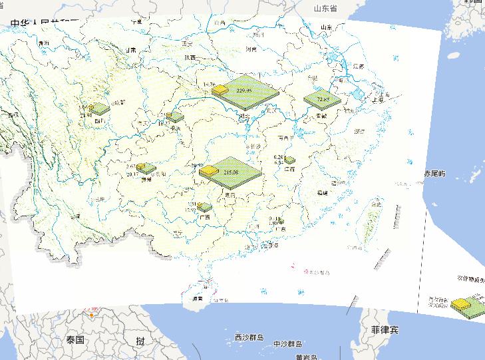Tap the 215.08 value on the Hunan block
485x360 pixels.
tap(232, 172)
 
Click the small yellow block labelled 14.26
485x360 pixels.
tap(210, 85)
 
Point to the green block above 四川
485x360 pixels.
tap(100, 108)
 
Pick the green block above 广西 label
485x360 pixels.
tap(205, 208)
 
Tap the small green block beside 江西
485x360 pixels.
tap(289, 160)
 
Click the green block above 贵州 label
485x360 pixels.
tap(147, 169)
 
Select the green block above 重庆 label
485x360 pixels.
tap(174, 118)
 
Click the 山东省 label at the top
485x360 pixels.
tap(326, 8)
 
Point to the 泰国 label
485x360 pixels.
tap(75, 339)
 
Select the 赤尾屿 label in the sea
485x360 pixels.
tap(434, 173)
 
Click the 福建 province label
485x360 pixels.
tap(322, 192)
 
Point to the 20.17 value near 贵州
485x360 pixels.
tap(133, 174)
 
